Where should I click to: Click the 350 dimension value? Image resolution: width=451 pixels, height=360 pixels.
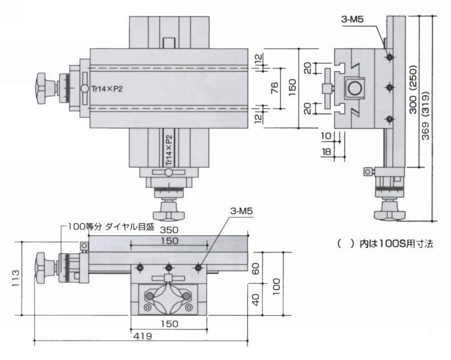pos(168,230)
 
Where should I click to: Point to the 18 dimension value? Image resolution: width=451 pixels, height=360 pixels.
pos(326,152)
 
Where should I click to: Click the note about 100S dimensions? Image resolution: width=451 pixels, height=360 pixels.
pos(386,244)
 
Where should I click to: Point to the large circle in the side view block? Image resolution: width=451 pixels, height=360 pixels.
pos(354,88)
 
